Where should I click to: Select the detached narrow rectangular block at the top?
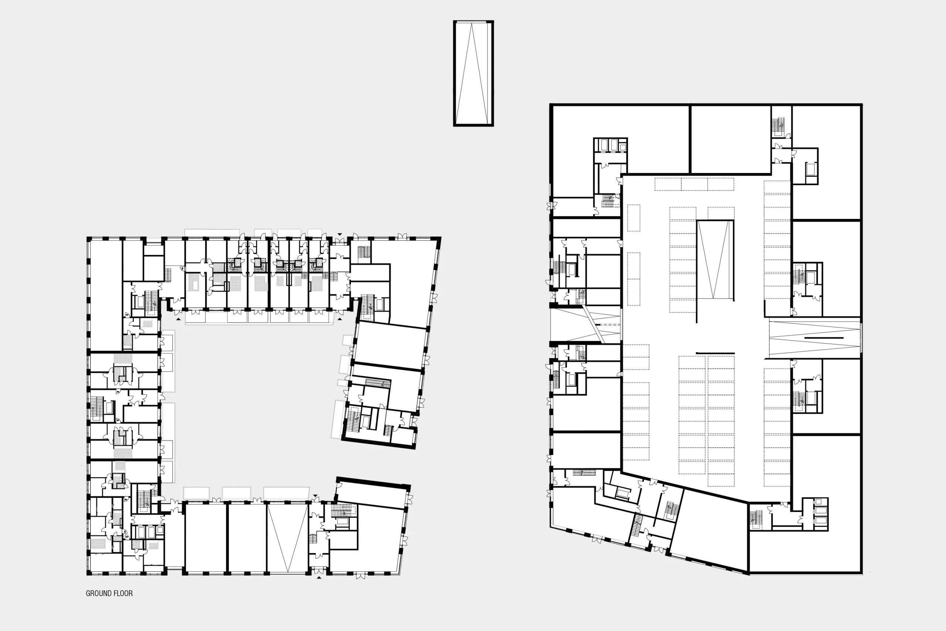(x=473, y=73)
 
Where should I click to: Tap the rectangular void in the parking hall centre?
(x=715, y=260)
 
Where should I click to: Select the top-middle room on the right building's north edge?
(x=731, y=139)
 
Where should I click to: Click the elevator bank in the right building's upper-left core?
(x=610, y=145)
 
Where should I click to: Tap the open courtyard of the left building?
(x=258, y=403)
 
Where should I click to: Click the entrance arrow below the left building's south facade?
(x=319, y=577)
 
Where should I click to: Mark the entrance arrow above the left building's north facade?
(x=340, y=234)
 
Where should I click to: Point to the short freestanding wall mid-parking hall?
(x=715, y=353)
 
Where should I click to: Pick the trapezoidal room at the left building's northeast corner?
(x=406, y=282)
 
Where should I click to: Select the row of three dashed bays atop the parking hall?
(x=694, y=184)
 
